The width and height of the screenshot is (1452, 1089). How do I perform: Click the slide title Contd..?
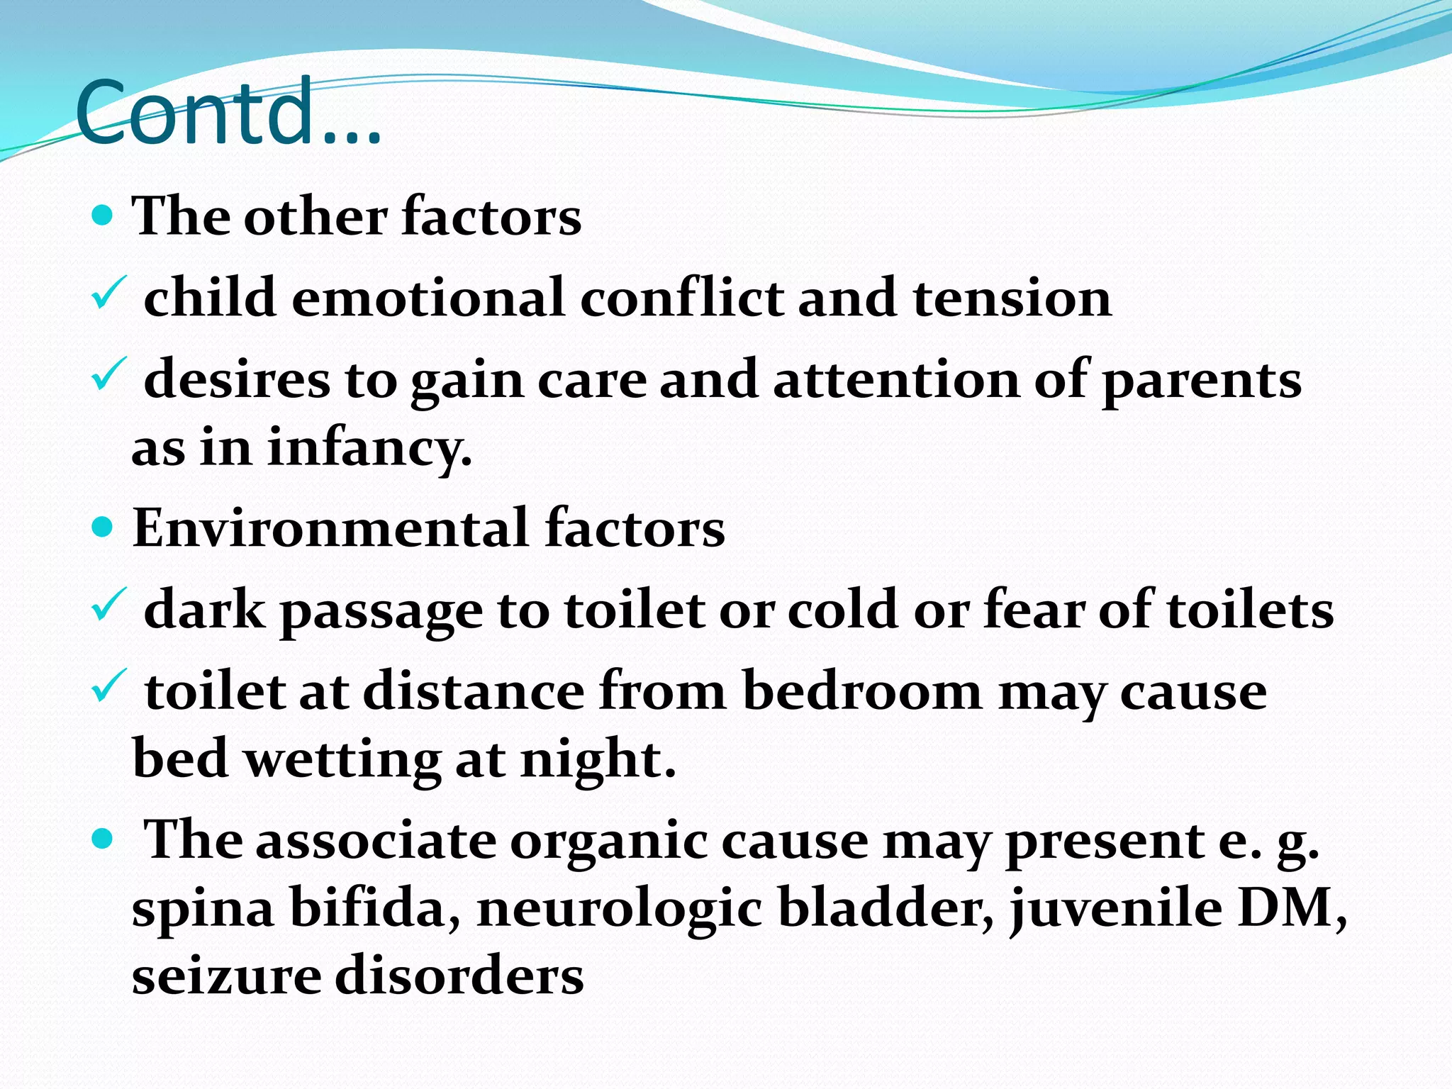pyautogui.click(x=227, y=111)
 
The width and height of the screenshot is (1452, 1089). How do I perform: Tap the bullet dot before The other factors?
pyautogui.click(x=104, y=216)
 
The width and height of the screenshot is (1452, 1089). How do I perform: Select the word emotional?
pyautogui.click(x=428, y=298)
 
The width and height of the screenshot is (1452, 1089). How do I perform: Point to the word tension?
pyautogui.click(x=1012, y=298)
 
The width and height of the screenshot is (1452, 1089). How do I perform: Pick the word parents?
pyautogui.click(x=1202, y=381)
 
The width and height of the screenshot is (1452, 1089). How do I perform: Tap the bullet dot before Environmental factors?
pyautogui.click(x=104, y=527)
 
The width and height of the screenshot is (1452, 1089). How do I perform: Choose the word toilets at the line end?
pyautogui.click(x=1251, y=610)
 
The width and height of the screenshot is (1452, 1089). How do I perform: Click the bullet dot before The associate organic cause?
pyautogui.click(x=104, y=839)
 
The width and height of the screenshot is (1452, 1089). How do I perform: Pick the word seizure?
pyautogui.click(x=225, y=976)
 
